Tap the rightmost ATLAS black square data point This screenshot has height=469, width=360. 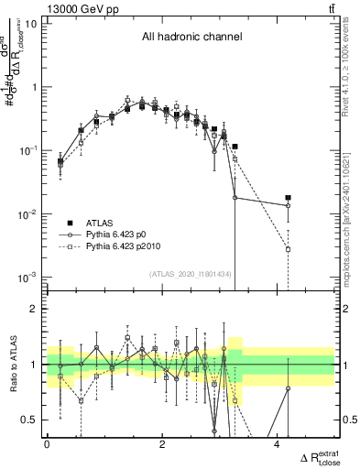tap(288, 198)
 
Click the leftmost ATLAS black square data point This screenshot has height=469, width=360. tap(60, 161)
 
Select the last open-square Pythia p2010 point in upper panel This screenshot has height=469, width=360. tap(288, 249)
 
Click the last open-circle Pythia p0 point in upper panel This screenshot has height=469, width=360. tap(288, 205)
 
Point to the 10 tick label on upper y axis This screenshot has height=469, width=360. tap(29, 24)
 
